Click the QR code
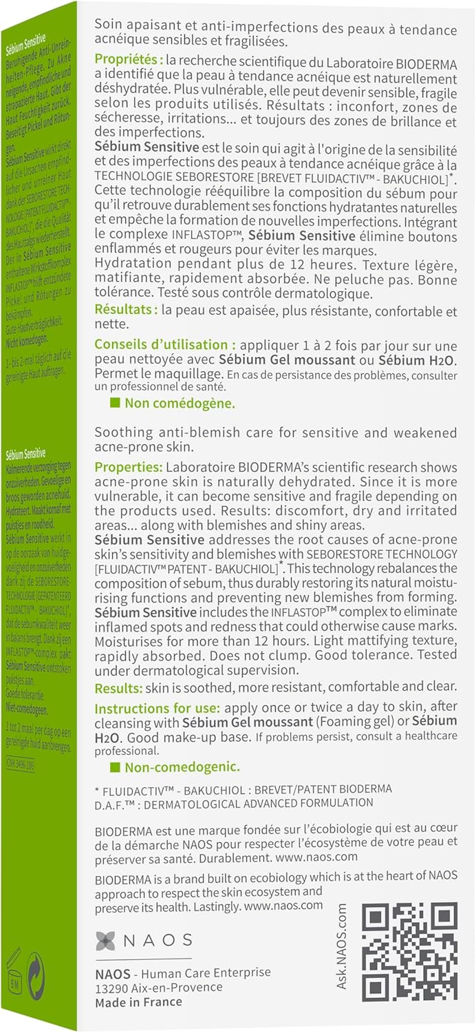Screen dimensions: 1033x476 tap(409, 951)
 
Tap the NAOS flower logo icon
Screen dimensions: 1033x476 tap(105, 940)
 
